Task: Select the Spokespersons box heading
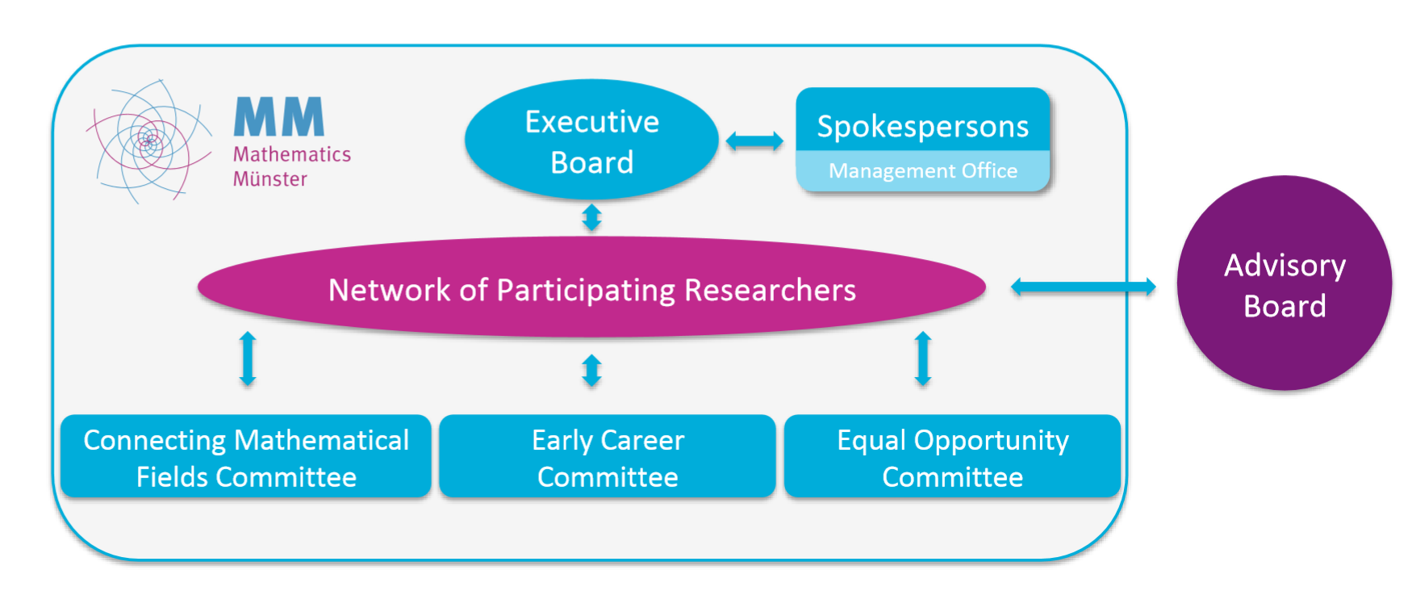point(922,126)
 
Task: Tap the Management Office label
point(922,171)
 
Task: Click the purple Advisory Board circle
point(1284,284)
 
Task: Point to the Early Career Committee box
point(608,457)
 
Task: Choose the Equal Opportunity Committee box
point(952,457)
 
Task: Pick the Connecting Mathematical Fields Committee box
point(246,457)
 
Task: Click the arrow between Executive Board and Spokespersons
point(754,141)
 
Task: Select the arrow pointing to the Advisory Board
point(1083,287)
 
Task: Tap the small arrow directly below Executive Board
point(591,217)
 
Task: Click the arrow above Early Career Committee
point(591,371)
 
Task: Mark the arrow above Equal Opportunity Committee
point(923,358)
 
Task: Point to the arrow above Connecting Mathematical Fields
point(248,358)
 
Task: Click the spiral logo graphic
point(149,141)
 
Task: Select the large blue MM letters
point(279,117)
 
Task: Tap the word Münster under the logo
point(269,179)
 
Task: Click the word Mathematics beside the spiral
point(291,154)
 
